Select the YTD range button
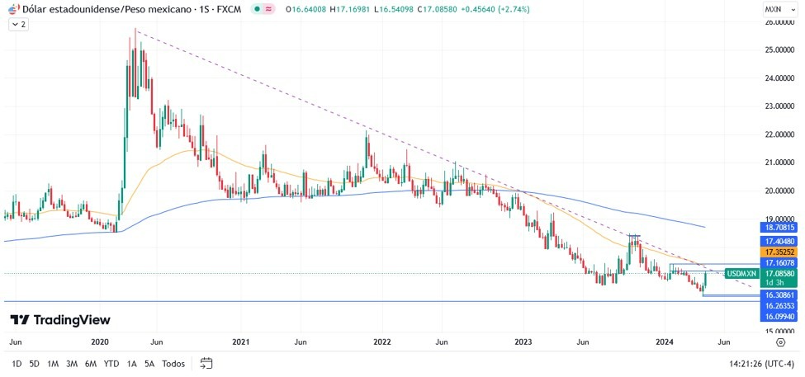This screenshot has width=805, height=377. click(111, 364)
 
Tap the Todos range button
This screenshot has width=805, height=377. click(173, 364)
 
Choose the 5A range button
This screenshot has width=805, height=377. click(149, 364)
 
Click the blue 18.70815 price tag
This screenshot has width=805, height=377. click(779, 227)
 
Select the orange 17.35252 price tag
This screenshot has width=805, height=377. click(779, 252)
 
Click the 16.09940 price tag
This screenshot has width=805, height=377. click(779, 316)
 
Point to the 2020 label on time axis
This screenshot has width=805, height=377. click(100, 341)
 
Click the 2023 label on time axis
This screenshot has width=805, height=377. click(523, 341)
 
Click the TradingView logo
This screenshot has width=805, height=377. click(60, 320)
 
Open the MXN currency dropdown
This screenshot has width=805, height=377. click(777, 9)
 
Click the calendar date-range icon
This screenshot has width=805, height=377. click(206, 364)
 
